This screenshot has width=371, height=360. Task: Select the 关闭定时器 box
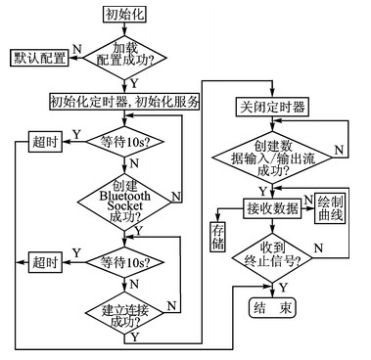pos(269,106)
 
